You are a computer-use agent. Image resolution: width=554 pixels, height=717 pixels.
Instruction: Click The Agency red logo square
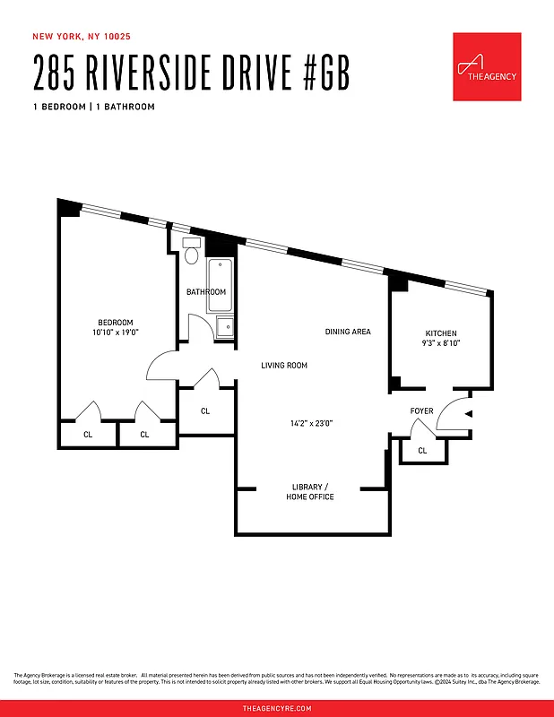pos(487,66)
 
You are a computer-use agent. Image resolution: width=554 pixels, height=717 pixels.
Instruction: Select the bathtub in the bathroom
pos(221,286)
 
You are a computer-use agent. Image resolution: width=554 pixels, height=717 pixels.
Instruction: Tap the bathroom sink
pos(223,327)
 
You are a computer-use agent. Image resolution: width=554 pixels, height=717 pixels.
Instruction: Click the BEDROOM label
pos(116,323)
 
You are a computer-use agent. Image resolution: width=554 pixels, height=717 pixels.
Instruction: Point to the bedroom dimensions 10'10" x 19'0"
pos(116,333)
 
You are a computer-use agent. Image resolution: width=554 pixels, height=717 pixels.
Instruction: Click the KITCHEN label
pos(441,333)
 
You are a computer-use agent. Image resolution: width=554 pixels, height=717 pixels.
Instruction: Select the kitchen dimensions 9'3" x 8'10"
pos(441,343)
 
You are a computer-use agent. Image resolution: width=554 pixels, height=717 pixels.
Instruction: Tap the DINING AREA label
pos(348,332)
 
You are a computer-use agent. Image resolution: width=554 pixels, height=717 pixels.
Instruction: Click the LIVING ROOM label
pos(284,366)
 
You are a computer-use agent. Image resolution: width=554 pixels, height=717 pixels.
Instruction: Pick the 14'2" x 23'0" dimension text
pos(312,423)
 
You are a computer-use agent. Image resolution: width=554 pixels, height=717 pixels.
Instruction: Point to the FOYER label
pos(422,411)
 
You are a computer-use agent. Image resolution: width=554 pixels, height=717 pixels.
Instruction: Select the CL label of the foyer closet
pos(422,451)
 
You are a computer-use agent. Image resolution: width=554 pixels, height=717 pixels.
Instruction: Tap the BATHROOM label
pos(206,292)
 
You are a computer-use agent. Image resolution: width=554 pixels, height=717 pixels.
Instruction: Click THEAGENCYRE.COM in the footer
pos(277,708)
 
